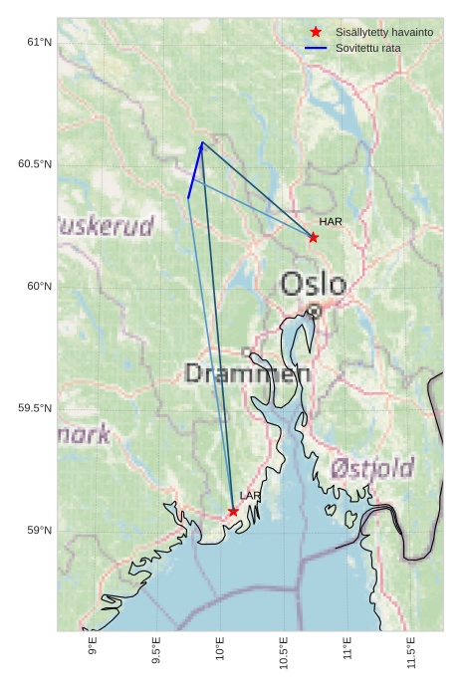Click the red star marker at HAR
pyautogui.click(x=314, y=237)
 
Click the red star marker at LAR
pyautogui.click(x=233, y=512)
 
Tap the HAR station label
pyautogui.click(x=331, y=221)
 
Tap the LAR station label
pyautogui.click(x=250, y=496)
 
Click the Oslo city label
pyautogui.click(x=313, y=285)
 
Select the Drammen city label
pyautogui.click(x=248, y=374)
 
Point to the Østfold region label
pyautogui.click(x=372, y=467)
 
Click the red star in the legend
pyautogui.click(x=317, y=33)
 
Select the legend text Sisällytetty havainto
pyautogui.click(x=383, y=33)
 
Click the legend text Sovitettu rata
pyautogui.click(x=368, y=48)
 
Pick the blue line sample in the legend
pyautogui.click(x=317, y=48)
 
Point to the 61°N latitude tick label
pyautogui.click(x=39, y=42)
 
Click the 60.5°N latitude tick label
pyautogui.click(x=35, y=164)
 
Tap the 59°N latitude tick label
pyautogui.click(x=39, y=531)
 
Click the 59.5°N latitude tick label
pyautogui.click(x=35, y=408)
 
